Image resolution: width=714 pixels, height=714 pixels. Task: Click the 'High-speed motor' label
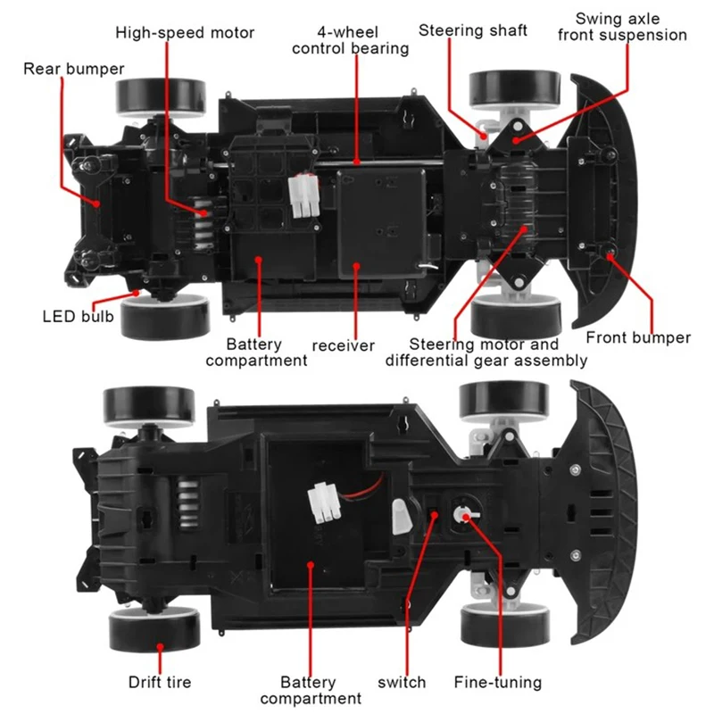click(185, 33)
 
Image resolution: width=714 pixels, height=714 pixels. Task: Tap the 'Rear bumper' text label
click(74, 69)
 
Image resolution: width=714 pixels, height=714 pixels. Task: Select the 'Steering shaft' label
click(473, 30)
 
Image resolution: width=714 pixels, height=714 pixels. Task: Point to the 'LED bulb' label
click(78, 316)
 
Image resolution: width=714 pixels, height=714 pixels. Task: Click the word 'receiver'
click(344, 345)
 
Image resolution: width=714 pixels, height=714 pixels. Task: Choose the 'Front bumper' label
click(638, 337)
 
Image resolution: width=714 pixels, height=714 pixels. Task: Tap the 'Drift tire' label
click(160, 682)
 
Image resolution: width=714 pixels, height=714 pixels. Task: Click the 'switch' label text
click(402, 682)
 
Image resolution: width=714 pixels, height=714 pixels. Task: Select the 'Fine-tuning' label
click(498, 682)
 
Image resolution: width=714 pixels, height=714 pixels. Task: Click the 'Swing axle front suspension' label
click(621, 27)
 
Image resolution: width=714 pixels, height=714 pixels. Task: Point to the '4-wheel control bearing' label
click(350, 40)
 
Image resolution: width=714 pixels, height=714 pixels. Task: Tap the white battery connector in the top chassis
click(303, 195)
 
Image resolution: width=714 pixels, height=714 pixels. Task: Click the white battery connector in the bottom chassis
click(324, 502)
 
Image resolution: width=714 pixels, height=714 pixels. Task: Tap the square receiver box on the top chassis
click(382, 222)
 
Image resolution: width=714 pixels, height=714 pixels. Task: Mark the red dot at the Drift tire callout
click(160, 647)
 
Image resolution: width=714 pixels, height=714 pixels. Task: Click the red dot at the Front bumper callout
click(610, 256)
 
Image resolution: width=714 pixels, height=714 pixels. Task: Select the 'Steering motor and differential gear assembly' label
click(486, 352)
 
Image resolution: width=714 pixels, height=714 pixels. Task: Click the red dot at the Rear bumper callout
click(96, 204)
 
